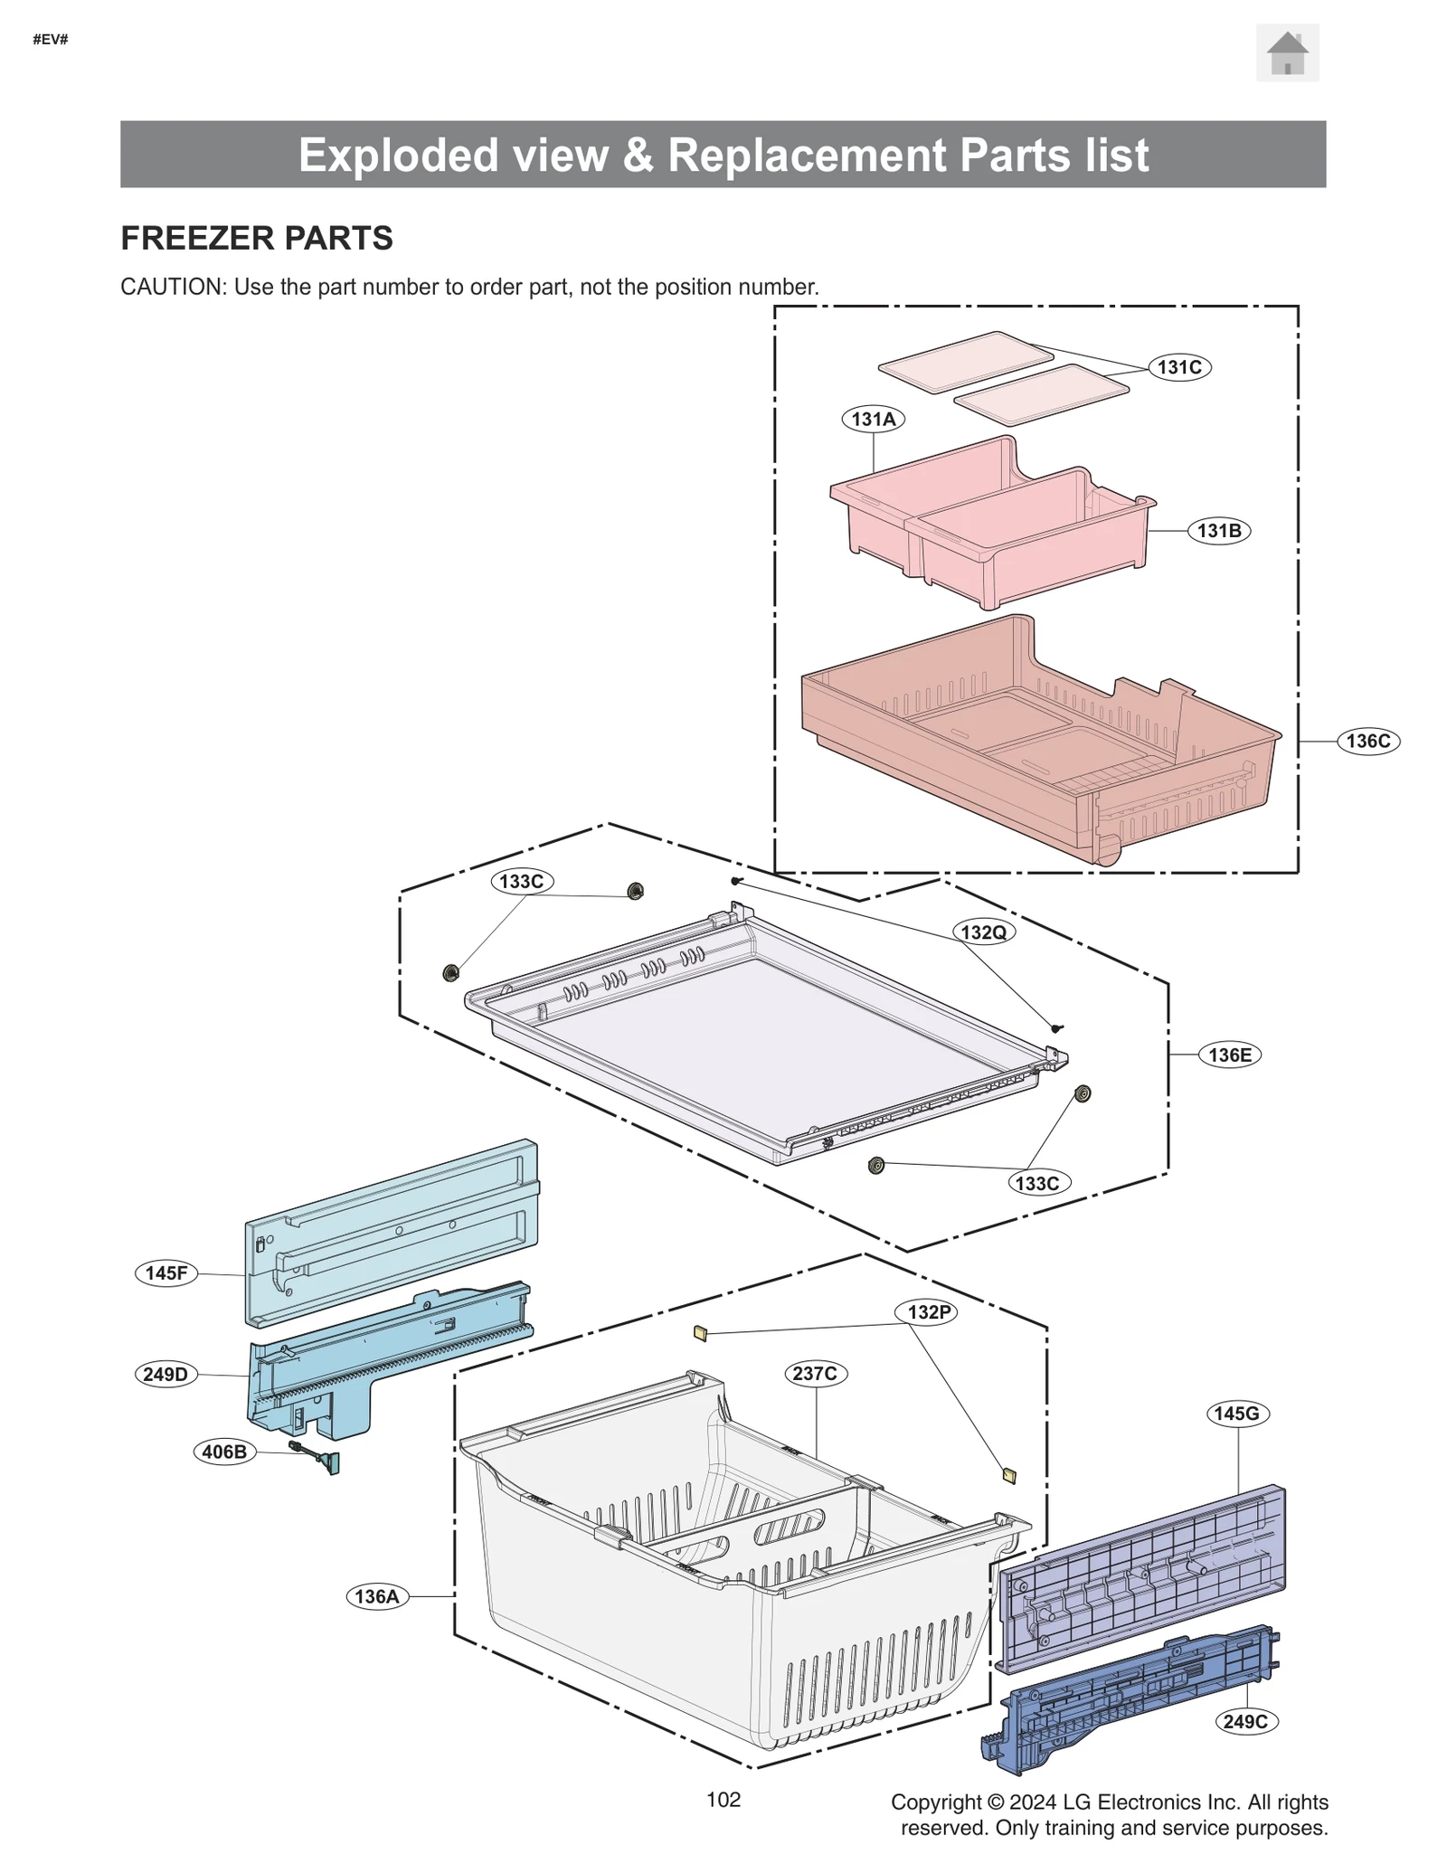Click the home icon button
click(x=1286, y=53)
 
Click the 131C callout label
click(x=1178, y=367)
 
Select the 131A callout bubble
click(x=873, y=419)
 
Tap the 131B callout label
click(x=1218, y=531)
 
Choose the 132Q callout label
click(x=982, y=932)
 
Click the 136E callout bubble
click(x=1229, y=1055)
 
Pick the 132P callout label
click(x=929, y=1312)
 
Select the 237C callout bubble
click(x=814, y=1373)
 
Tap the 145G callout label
click(x=1236, y=1414)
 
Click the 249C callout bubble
click(x=1244, y=1721)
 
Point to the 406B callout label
click(x=224, y=1452)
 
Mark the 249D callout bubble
click(x=166, y=1375)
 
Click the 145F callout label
click(x=166, y=1273)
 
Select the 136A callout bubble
click(x=376, y=1596)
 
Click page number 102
click(x=723, y=1799)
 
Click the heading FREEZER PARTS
click(x=257, y=238)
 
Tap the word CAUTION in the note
click(x=172, y=287)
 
